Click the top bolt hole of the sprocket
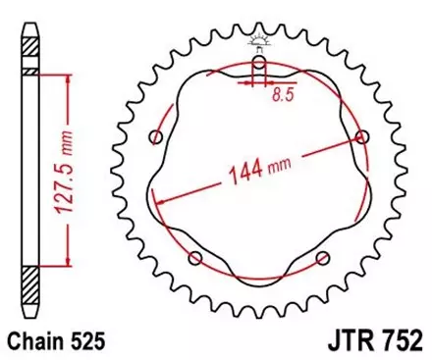258,64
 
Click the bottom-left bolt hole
194,259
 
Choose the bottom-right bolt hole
322,259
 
